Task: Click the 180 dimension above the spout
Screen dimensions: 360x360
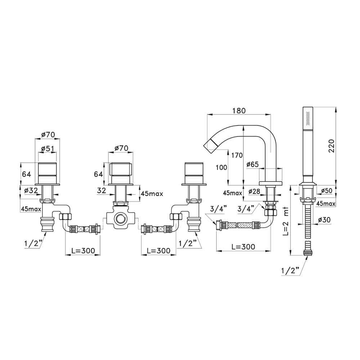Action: point(239,111)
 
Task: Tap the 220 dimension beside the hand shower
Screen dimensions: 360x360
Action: point(332,146)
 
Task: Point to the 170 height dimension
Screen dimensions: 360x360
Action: point(237,156)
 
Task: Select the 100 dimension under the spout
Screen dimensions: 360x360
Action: point(221,167)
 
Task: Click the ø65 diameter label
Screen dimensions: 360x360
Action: point(252,165)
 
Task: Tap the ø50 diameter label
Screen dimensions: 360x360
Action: point(327,190)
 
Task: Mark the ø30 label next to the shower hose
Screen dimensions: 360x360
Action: point(324,220)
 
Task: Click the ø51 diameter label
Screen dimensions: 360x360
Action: point(48,149)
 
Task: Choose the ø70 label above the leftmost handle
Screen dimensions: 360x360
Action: point(48,134)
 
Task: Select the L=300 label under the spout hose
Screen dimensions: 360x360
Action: point(243,247)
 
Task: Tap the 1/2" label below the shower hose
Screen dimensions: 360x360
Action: point(291,271)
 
